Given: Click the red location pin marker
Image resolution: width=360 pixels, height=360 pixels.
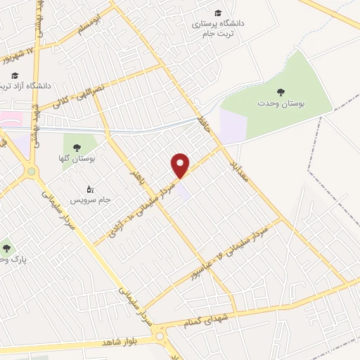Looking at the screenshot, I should [181, 165].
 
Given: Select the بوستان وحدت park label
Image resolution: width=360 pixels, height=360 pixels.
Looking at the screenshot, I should [281, 103].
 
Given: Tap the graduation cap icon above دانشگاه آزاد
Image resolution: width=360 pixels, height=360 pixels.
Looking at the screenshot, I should [15, 75].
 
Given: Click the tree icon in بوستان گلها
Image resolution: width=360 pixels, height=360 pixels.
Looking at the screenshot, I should [77, 148].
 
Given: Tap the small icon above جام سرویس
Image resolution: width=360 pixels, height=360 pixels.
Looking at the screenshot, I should [89, 188].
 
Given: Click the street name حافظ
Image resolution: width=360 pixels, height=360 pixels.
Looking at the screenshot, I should [205, 120].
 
